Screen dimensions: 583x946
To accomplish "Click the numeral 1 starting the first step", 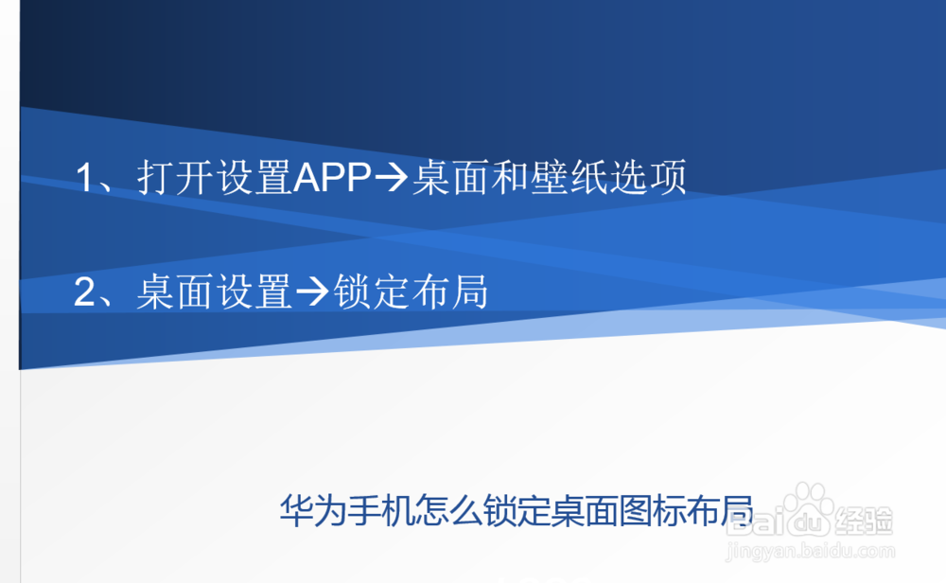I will tap(87, 179).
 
